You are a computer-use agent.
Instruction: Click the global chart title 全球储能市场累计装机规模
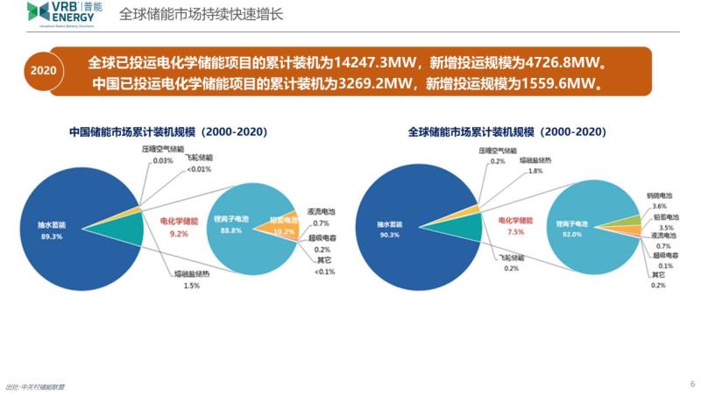point(506,132)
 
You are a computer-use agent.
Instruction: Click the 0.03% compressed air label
point(163,160)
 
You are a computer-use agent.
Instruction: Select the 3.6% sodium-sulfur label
point(659,206)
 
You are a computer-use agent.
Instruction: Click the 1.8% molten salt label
point(536,172)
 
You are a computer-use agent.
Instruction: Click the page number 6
point(691,383)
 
